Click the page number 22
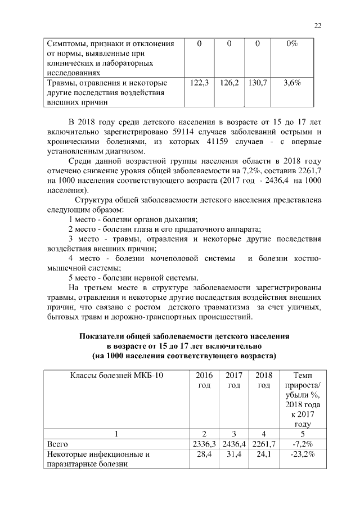pos(317,25)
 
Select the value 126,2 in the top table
pos(229,83)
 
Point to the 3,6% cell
pos(292,83)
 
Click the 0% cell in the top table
pos(292,44)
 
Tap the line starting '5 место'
pos(133,278)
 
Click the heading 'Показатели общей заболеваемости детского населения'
pos(184,336)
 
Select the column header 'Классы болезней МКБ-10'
pos(116,375)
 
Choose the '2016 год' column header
pos(202,380)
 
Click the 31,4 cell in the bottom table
pos(232,454)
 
